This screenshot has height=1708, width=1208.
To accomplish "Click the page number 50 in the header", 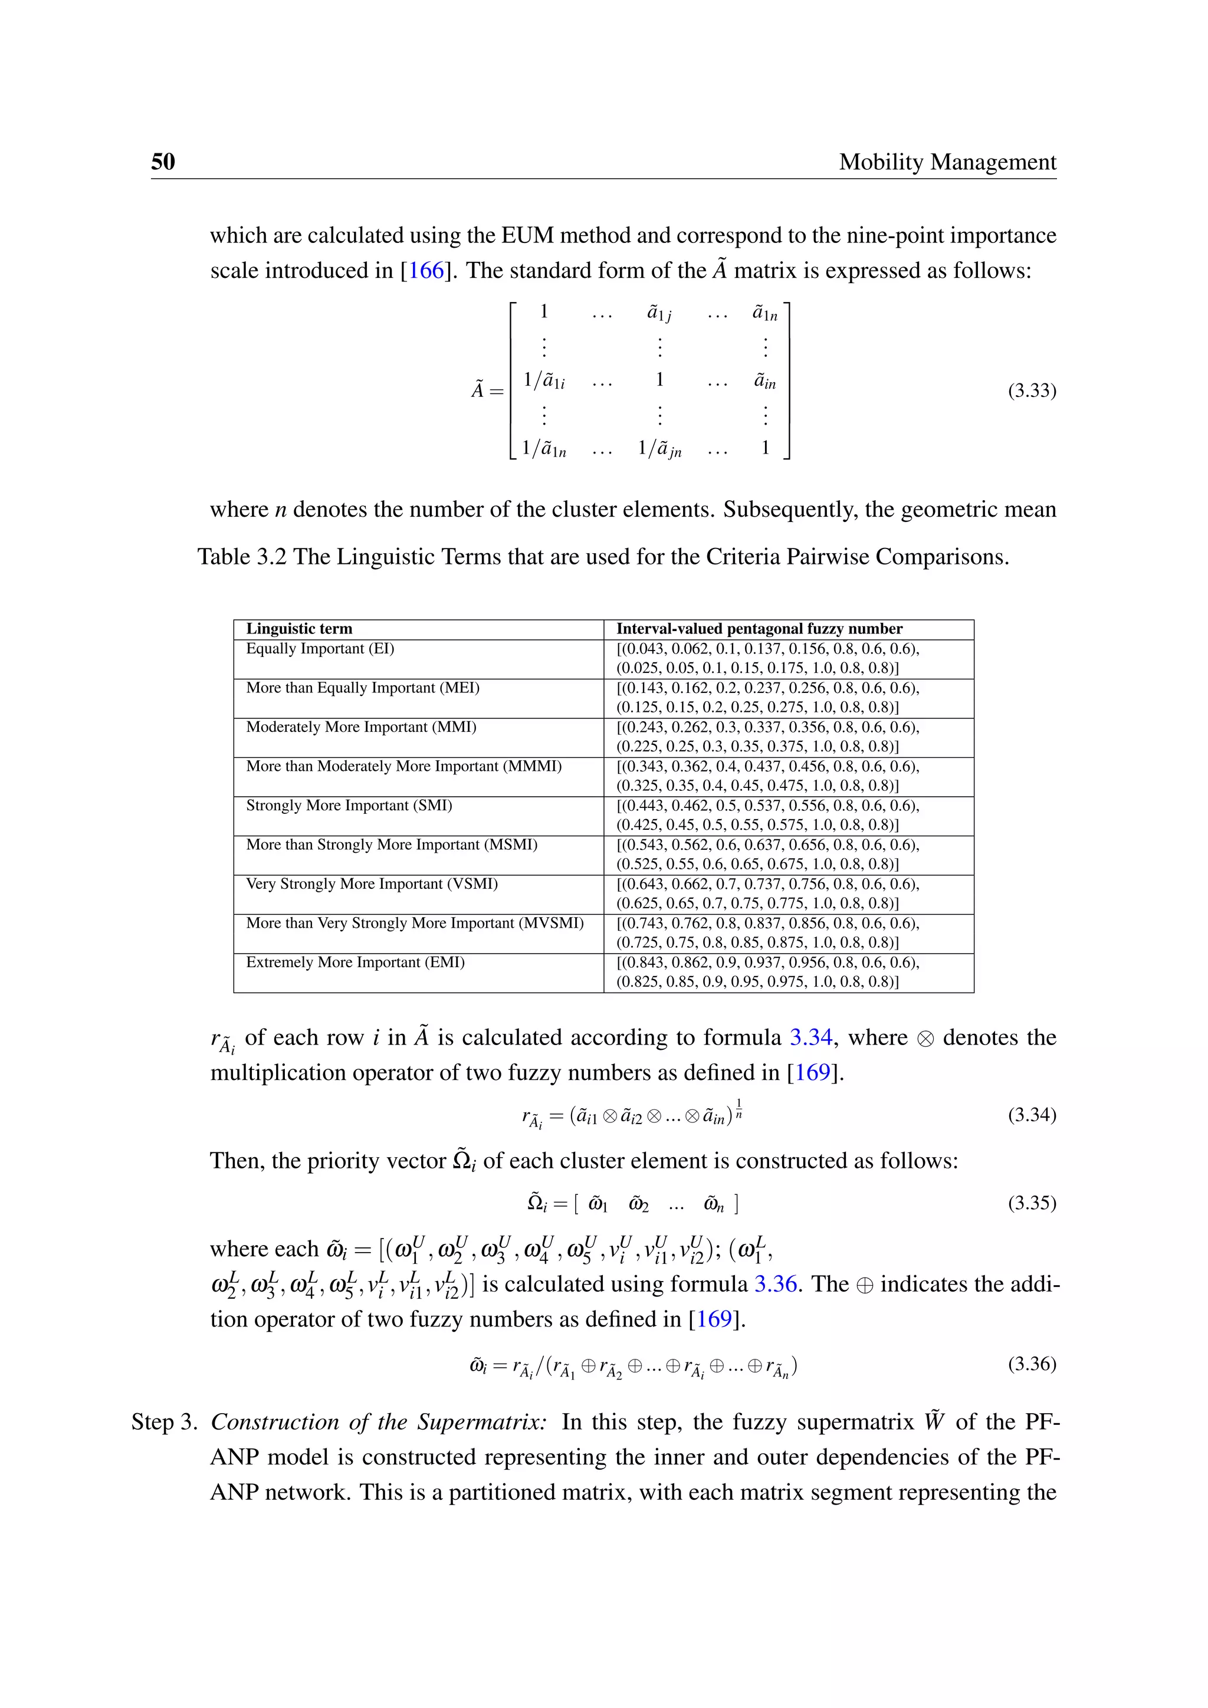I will tap(163, 162).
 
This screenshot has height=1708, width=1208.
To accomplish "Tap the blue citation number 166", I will tap(426, 270).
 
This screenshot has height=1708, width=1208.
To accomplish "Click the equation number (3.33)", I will tap(1032, 390).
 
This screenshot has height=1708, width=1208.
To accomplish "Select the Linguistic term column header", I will tap(299, 629).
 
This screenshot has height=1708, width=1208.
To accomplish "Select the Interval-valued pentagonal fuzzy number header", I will tap(759, 629).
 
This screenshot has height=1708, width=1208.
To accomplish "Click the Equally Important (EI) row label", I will tap(320, 649).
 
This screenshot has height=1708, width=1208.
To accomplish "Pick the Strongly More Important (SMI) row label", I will tap(349, 806).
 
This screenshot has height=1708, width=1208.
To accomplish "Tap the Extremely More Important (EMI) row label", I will tap(355, 963).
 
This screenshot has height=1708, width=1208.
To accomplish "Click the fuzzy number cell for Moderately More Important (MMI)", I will tap(767, 737).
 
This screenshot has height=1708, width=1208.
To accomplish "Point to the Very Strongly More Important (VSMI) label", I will tap(372, 883).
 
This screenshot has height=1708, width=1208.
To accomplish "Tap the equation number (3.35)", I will tap(1032, 1203).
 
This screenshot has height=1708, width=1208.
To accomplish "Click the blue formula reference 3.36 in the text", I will tap(775, 1284).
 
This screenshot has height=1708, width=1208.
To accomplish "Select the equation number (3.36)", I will tap(1032, 1364).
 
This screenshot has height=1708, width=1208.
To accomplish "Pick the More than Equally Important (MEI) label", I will tap(362, 688).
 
